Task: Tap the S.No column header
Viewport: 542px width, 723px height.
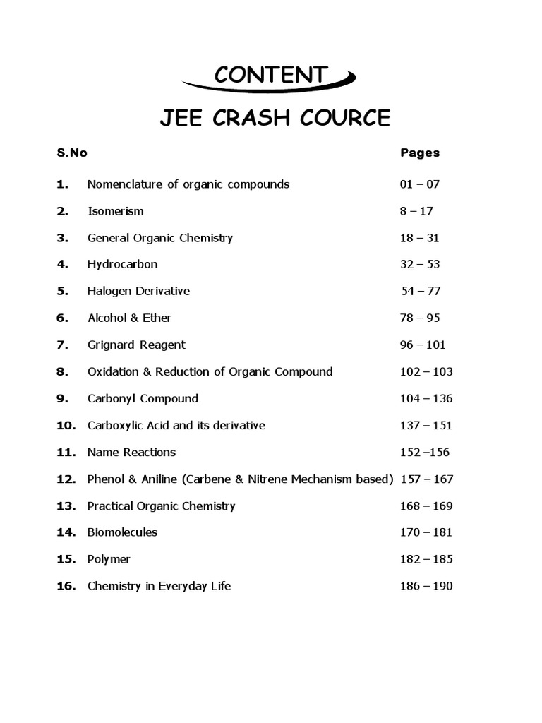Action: [x=72, y=153]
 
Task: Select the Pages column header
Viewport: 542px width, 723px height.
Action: [x=420, y=153]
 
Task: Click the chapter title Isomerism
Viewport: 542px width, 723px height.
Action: [x=115, y=211]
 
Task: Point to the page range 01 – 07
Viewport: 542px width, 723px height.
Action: [x=419, y=184]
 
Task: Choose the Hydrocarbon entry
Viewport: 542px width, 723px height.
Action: [x=122, y=264]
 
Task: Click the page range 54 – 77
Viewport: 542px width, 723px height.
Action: [x=422, y=291]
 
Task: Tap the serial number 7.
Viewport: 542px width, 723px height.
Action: [x=63, y=345]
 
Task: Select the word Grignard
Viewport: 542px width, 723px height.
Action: [x=111, y=345]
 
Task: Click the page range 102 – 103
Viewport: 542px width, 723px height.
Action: [x=426, y=371]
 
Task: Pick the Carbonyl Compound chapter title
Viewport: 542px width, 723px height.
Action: [x=143, y=398]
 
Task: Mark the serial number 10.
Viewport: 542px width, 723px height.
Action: [x=66, y=425]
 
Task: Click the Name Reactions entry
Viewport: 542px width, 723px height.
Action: [x=131, y=452]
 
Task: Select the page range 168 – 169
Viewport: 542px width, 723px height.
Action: [x=426, y=506]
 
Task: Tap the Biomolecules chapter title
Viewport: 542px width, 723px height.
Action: [x=122, y=532]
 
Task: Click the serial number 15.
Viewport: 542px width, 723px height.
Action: [x=66, y=559]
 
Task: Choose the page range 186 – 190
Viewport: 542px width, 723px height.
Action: [x=426, y=586]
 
